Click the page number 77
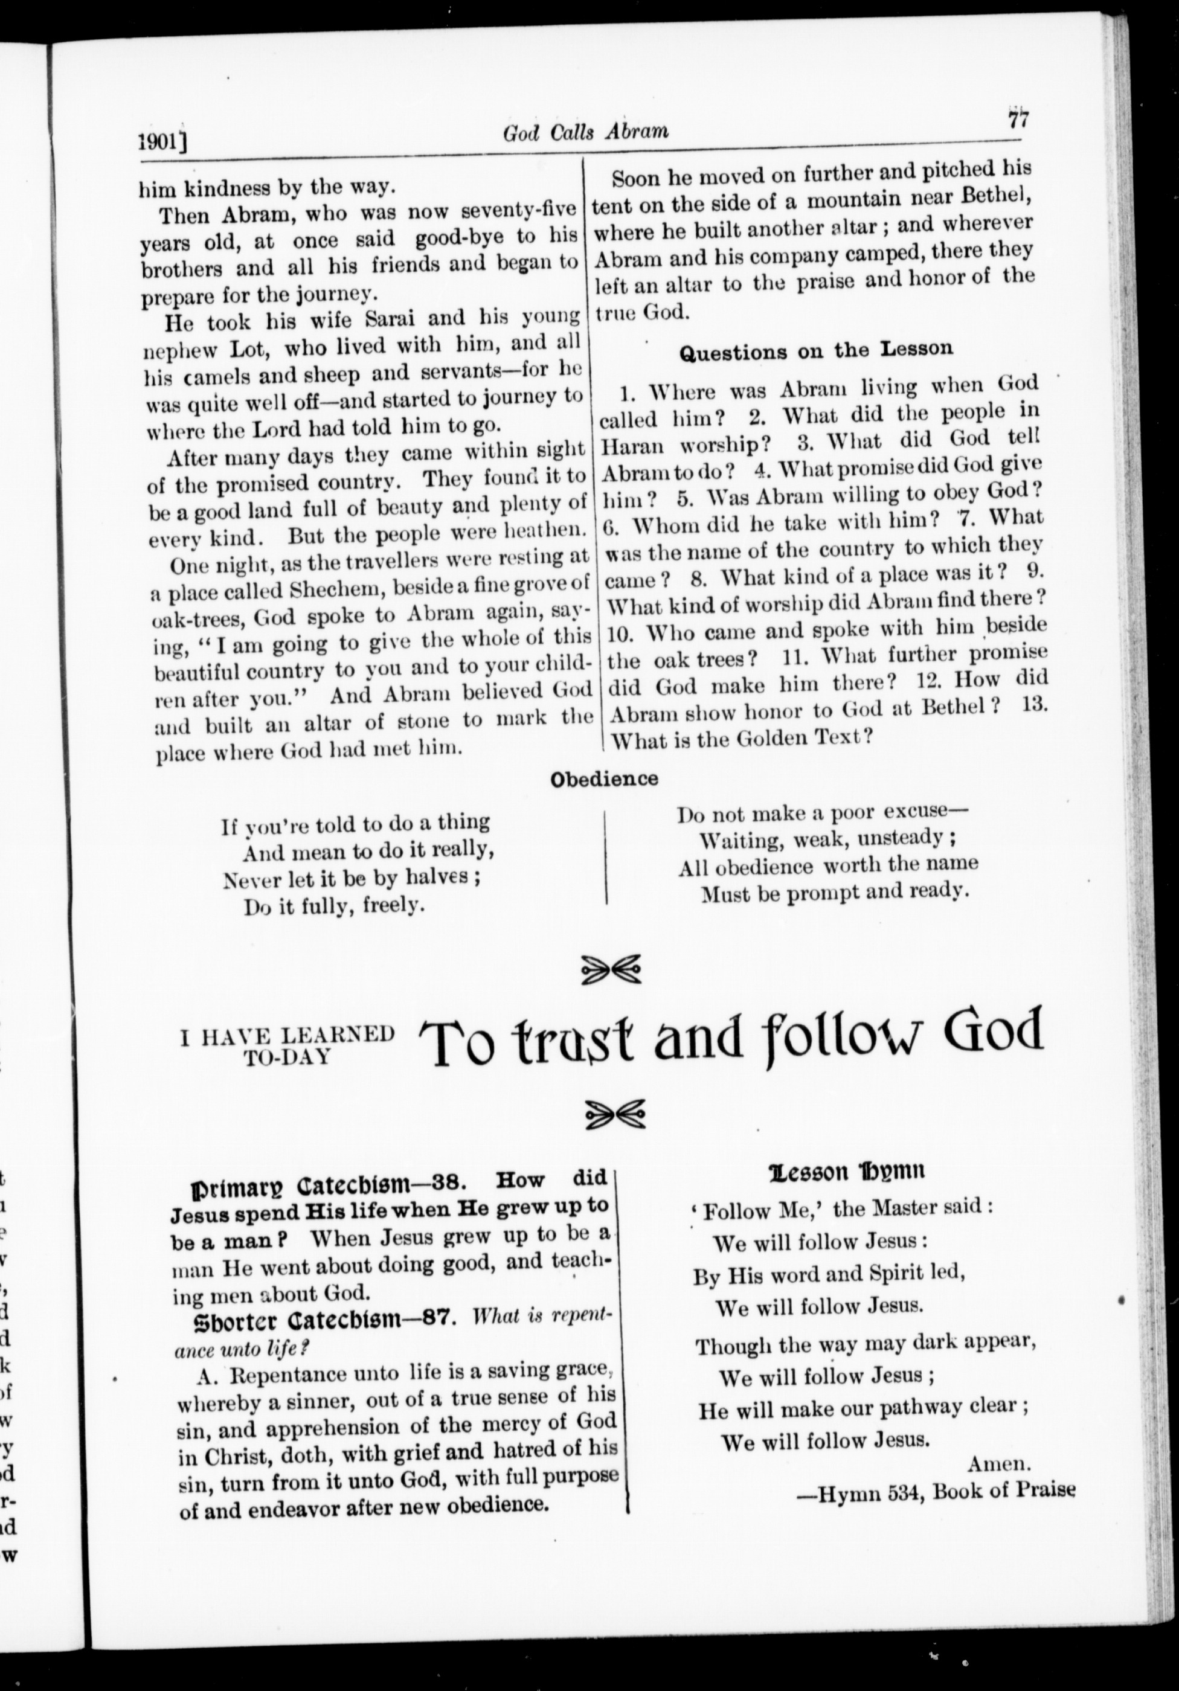pos(1018,118)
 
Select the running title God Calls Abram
pos(585,131)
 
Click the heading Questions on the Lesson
pos(815,350)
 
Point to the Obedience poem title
pos(605,778)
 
